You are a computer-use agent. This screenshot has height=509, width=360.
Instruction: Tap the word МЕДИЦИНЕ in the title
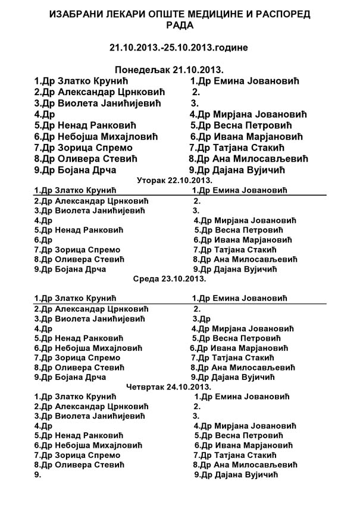[231, 14]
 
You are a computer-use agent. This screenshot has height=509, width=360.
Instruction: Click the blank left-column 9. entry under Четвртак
[37, 475]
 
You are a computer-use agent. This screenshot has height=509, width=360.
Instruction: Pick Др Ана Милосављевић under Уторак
[246, 260]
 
